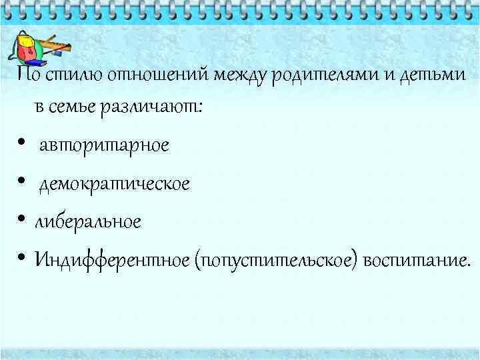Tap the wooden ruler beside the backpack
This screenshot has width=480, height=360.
coord(57,48)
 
